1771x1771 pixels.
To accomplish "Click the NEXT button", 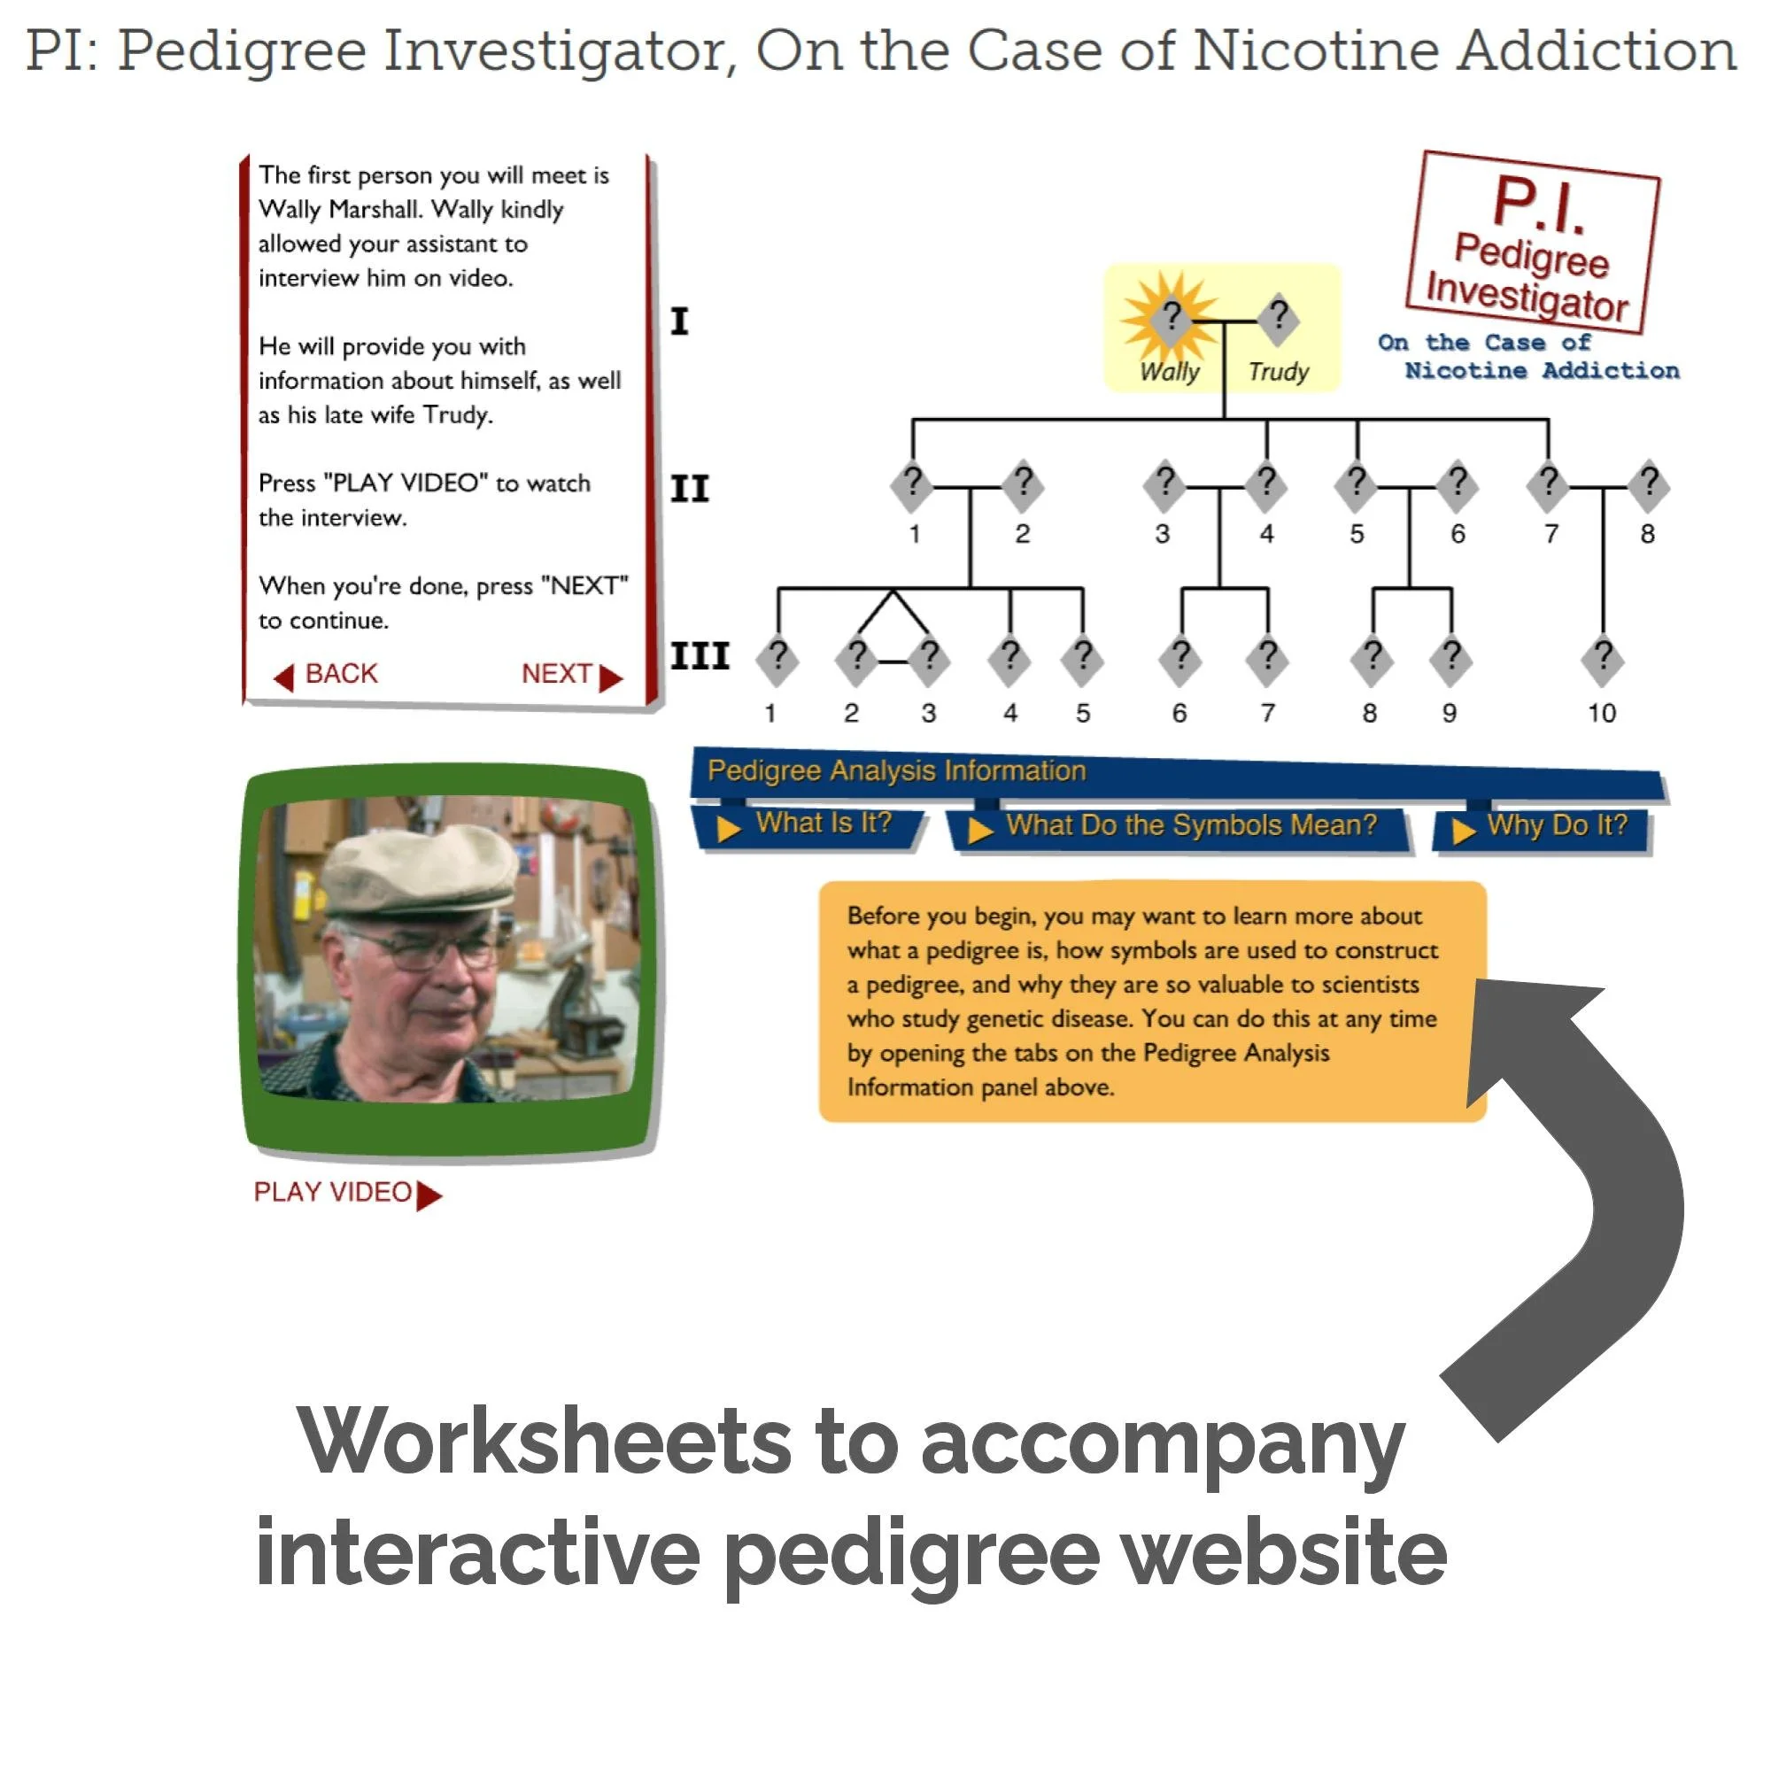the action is (x=571, y=675).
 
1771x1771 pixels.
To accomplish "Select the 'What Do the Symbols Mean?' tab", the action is (x=1179, y=826).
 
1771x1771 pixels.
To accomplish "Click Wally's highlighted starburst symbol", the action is (x=1171, y=317).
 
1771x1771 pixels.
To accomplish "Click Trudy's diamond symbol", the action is (x=1279, y=316).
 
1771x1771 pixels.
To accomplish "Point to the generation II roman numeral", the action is (x=689, y=489).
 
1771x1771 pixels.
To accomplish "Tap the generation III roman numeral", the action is (x=700, y=656).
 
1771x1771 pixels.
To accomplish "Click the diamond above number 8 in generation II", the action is (x=1648, y=484).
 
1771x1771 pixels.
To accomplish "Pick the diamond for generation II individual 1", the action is (x=912, y=484).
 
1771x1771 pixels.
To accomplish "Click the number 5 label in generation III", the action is (x=1083, y=713).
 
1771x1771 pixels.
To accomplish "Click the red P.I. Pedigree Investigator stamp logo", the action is (x=1533, y=242).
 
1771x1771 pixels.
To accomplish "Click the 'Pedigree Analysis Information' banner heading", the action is (x=896, y=771).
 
